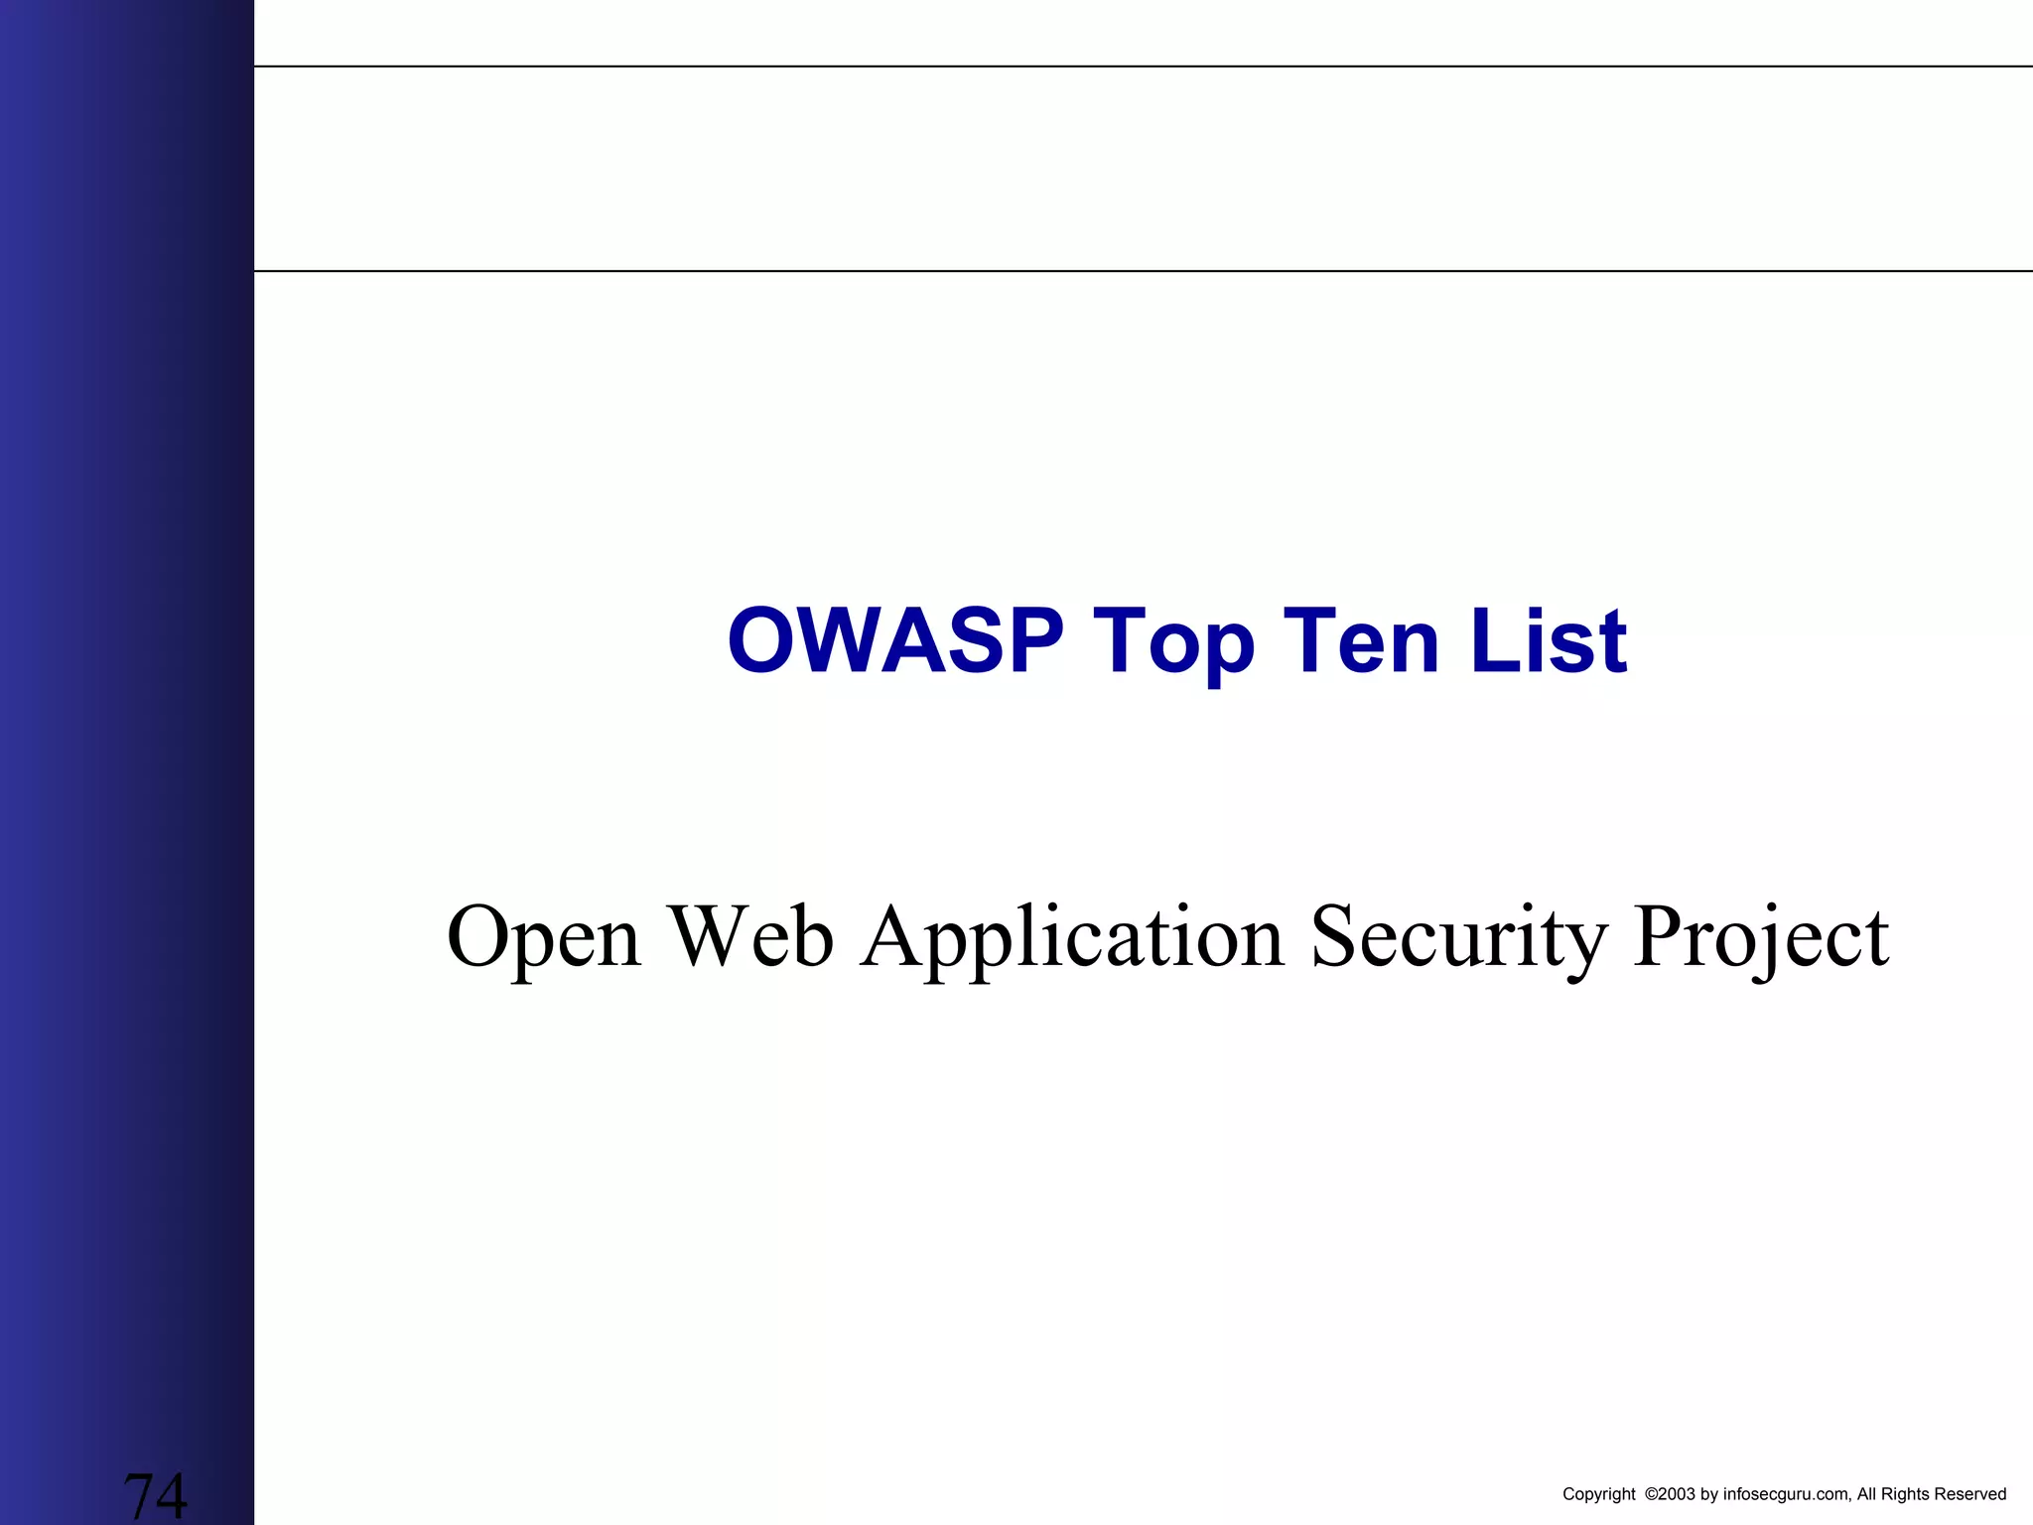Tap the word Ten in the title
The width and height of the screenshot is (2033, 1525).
(x=1361, y=641)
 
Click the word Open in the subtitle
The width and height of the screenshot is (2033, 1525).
(x=544, y=937)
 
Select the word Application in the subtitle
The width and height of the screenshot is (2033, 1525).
(x=1072, y=937)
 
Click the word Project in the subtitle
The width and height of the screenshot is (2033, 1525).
(x=1761, y=937)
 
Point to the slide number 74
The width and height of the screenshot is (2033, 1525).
(x=155, y=1495)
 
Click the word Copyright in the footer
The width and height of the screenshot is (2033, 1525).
(x=1598, y=1494)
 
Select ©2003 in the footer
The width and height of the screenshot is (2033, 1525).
(x=1670, y=1494)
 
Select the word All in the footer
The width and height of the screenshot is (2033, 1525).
(x=1866, y=1494)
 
